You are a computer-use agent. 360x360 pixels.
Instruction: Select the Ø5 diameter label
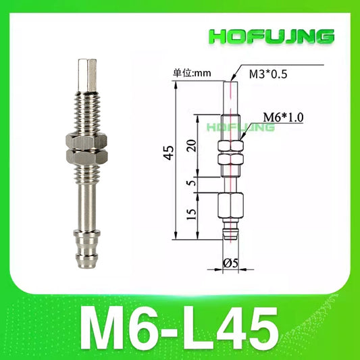pos(230,263)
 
